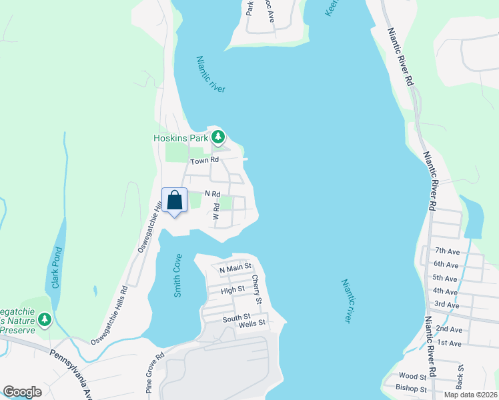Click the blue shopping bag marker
pos(174,200)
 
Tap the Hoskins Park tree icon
pos(217,137)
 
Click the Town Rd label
pos(204,161)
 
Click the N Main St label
pos(235,269)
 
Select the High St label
pos(232,290)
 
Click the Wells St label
pos(253,323)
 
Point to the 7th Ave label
pos(448,251)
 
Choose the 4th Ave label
pos(446,291)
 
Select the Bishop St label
pos(411,388)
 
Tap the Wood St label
pos(412,377)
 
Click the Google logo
pos(22,392)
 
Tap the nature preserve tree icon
pos(45,320)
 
